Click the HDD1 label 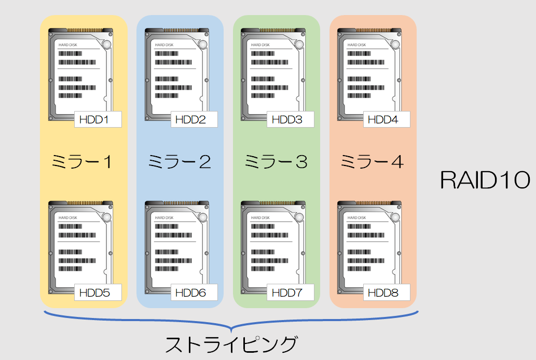[98, 119]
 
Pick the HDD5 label [98, 293]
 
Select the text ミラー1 [83, 162]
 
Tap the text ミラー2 [179, 162]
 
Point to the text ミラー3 [276, 162]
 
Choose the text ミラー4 [372, 162]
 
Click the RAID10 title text [485, 181]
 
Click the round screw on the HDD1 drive [107, 45]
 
